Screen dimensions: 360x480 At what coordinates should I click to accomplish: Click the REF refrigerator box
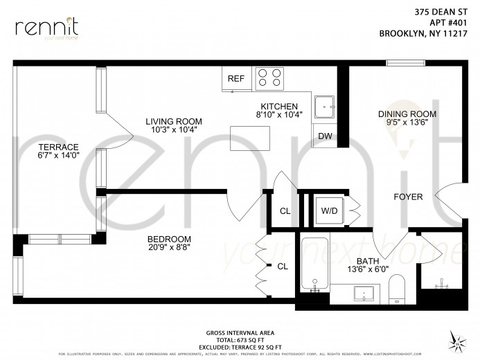pos(235,78)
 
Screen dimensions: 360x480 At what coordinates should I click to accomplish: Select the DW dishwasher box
pos(324,136)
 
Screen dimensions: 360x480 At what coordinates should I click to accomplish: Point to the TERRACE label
pos(58,146)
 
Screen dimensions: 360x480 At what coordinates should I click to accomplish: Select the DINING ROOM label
pos(407,114)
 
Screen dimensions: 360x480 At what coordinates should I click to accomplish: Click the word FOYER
pos(408,197)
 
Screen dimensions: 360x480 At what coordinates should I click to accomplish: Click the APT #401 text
pos(441,21)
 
